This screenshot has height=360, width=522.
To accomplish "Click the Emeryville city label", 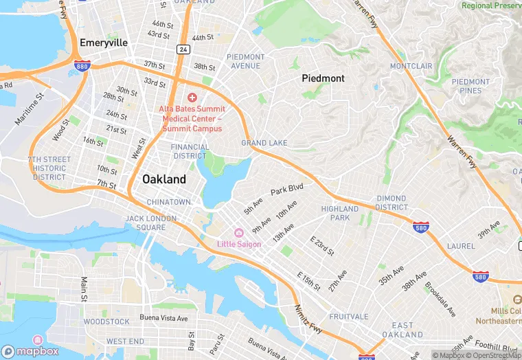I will point(104,43).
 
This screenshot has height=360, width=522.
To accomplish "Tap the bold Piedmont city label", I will point(323,79).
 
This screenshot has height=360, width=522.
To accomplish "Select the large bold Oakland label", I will point(163,179).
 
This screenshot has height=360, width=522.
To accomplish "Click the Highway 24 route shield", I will point(182,49).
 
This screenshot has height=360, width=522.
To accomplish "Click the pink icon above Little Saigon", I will point(239,233).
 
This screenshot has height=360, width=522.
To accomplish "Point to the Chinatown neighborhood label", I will point(168,202).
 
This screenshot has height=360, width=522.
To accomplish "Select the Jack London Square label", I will point(146,223).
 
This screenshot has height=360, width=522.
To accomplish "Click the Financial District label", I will point(190,151).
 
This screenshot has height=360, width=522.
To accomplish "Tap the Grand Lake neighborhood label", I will point(264,143).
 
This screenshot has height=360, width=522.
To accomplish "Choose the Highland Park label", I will point(339,213).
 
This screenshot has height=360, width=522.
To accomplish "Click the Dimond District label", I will point(391,203).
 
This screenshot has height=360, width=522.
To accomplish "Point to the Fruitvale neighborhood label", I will point(349,317).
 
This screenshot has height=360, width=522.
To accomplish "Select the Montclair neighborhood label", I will point(411,66).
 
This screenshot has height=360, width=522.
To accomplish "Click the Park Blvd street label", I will point(286,188).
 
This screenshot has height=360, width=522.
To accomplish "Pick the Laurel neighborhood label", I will point(460,245).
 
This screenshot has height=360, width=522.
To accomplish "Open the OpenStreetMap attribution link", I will point(493,355).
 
